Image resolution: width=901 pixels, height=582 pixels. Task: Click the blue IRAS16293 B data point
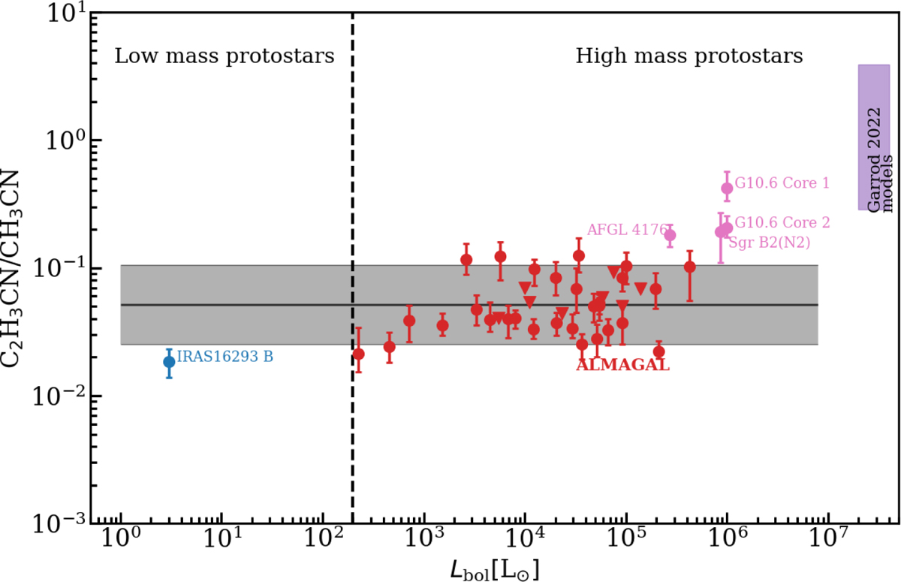(x=169, y=361)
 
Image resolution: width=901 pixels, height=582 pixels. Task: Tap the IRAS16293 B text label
(x=224, y=357)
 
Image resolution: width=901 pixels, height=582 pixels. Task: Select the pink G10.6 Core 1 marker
(x=727, y=188)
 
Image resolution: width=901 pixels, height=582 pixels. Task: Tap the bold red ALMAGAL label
(x=622, y=366)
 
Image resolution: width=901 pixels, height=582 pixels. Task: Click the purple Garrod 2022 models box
(x=874, y=137)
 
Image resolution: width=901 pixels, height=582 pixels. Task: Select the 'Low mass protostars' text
(x=224, y=56)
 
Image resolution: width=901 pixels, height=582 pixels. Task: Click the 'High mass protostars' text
(x=689, y=56)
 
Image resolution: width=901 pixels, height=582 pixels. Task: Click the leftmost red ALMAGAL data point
(x=358, y=354)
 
